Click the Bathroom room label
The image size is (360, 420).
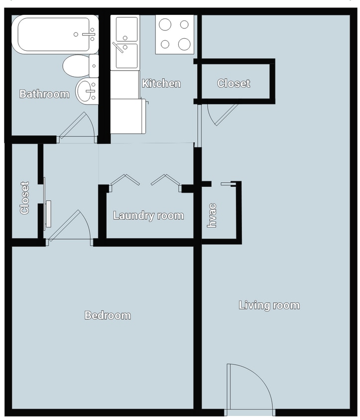click(44, 94)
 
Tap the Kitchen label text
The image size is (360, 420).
click(161, 83)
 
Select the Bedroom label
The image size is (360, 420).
click(108, 315)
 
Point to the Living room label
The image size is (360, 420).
click(269, 305)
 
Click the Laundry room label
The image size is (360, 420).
click(148, 215)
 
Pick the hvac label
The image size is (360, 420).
click(212, 215)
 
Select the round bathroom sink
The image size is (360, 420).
click(87, 92)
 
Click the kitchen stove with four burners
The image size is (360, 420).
click(174, 34)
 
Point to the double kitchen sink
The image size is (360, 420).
click(126, 42)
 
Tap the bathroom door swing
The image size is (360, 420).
click(77, 127)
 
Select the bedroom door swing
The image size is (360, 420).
click(70, 226)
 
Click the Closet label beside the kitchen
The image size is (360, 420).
click(234, 83)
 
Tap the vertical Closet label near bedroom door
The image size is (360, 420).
click(24, 198)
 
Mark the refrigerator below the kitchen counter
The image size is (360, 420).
click(127, 116)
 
